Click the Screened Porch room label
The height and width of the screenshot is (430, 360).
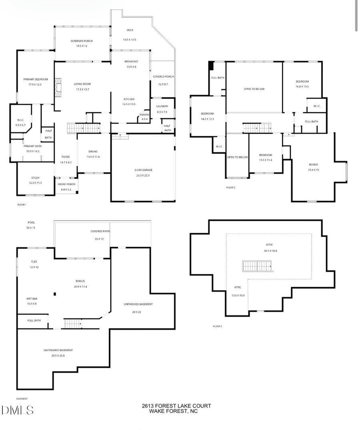79,41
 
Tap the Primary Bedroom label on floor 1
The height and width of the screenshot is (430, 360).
35,80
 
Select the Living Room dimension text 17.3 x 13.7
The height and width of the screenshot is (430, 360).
82,89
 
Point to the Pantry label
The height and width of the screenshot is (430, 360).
144,115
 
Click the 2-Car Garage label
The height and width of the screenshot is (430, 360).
143,170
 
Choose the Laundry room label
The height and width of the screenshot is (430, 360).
162,106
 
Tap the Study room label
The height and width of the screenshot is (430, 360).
35,178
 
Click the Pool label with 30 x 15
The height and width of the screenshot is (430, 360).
31,222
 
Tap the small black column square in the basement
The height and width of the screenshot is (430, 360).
55,295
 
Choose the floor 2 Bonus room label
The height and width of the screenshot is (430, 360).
313,165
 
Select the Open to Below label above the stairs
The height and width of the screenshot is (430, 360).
254,89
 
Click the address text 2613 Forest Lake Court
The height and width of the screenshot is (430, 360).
176,406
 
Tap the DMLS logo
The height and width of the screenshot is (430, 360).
17,410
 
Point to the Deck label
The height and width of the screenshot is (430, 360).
130,30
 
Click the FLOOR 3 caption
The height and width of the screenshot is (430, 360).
217,326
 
